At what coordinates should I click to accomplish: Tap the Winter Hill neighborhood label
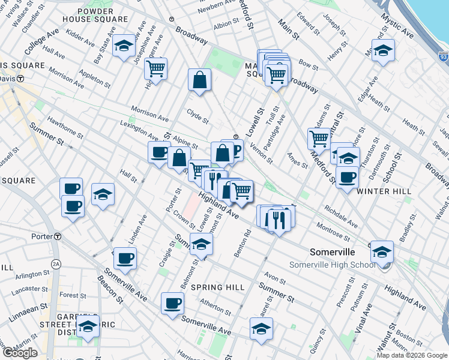point(384,191)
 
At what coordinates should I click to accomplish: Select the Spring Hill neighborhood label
point(218,287)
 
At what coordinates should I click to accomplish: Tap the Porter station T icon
point(57,236)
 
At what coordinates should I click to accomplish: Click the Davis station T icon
point(20,78)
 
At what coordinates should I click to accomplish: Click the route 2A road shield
point(56,263)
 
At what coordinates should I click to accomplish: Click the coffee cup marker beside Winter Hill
point(347,177)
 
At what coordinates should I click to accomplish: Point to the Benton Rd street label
point(243,245)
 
